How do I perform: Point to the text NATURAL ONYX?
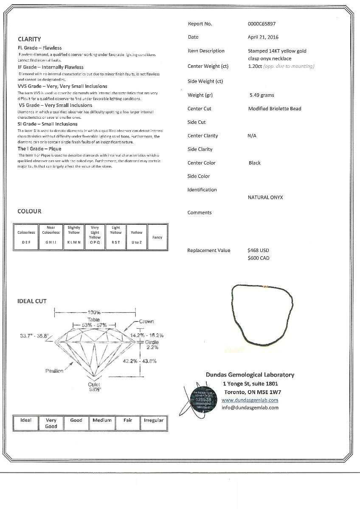tap(265, 197)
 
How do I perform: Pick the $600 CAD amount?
tap(258, 258)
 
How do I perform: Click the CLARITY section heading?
tap(29, 39)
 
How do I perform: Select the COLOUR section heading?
tap(29, 211)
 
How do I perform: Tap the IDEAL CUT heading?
tap(32, 301)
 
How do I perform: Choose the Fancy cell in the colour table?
tap(157, 238)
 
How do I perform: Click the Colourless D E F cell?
tap(26, 237)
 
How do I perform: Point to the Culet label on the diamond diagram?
tap(94, 384)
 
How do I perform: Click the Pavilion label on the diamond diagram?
tap(54, 371)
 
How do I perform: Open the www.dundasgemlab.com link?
tap(250, 400)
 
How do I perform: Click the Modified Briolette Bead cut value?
tap(275, 109)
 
